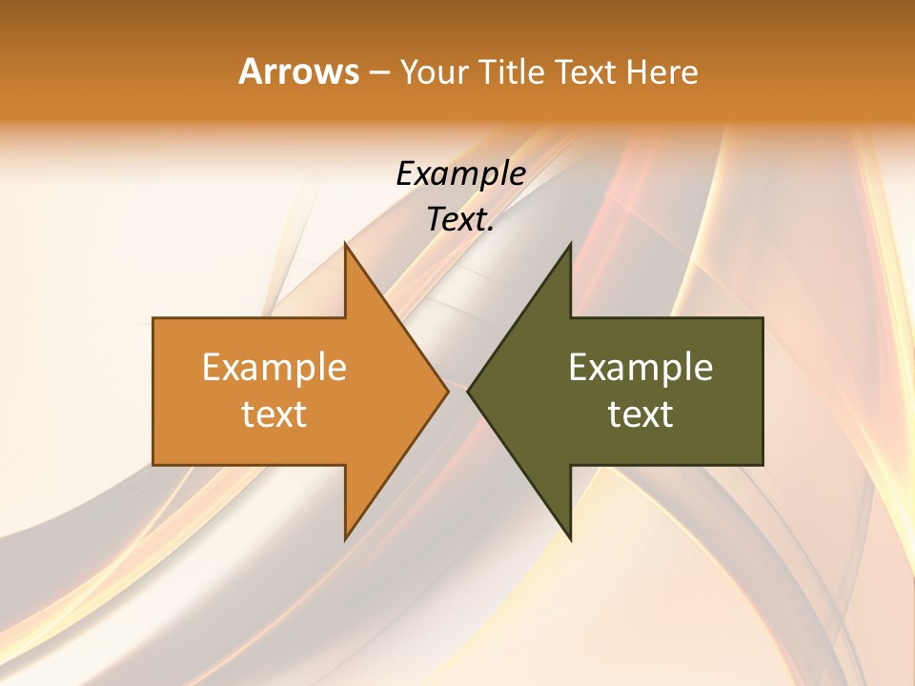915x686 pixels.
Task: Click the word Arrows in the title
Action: coord(297,71)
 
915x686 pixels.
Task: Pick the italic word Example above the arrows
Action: coord(460,174)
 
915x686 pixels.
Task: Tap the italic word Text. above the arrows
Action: coord(460,220)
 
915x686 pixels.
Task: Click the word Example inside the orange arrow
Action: coord(274,368)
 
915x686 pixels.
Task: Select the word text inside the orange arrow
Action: coord(274,414)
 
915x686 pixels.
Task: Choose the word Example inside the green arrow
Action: coord(640,368)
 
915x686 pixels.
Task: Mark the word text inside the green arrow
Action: coord(640,414)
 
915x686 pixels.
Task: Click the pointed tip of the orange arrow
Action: coord(447,391)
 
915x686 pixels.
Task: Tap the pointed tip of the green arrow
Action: coord(469,391)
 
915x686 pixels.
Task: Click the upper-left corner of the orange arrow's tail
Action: coord(154,319)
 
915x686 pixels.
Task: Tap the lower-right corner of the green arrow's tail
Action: coord(762,464)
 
